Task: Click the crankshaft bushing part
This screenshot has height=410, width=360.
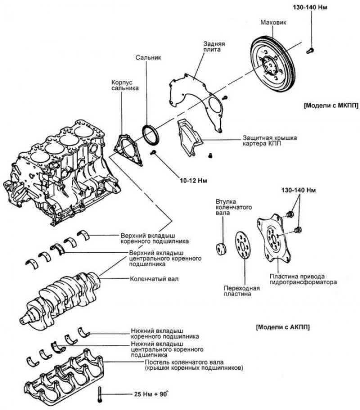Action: point(221,248)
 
